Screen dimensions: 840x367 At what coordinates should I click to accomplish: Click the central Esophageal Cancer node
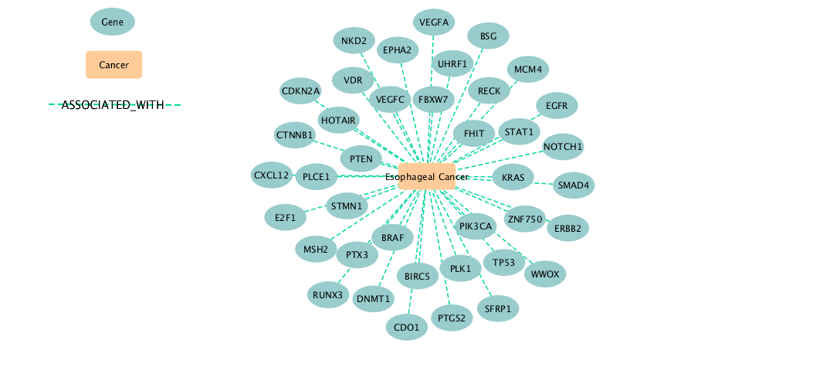pyautogui.click(x=427, y=177)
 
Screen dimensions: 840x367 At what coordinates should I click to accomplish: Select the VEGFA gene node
pyautogui.click(x=434, y=22)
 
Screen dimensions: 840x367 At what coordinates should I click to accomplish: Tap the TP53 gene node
pyautogui.click(x=504, y=262)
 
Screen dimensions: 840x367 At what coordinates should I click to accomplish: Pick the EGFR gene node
pyautogui.click(x=557, y=106)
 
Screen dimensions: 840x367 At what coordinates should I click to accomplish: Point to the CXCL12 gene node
pyautogui.click(x=272, y=175)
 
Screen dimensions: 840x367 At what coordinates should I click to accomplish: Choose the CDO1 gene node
pyautogui.click(x=407, y=327)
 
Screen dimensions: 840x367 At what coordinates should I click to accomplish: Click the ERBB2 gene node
pyautogui.click(x=568, y=228)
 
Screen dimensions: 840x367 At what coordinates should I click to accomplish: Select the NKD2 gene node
pyautogui.click(x=354, y=40)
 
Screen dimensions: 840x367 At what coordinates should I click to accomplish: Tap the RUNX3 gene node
pyautogui.click(x=328, y=294)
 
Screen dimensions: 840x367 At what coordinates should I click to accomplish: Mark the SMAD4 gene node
pyautogui.click(x=574, y=185)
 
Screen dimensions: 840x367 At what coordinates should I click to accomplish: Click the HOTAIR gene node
pyautogui.click(x=339, y=120)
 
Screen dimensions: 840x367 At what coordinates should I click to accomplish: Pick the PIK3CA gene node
pyautogui.click(x=475, y=226)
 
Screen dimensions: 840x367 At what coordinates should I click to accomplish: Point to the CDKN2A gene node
pyautogui.click(x=300, y=90)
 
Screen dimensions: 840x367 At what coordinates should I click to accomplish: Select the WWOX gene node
pyautogui.click(x=545, y=274)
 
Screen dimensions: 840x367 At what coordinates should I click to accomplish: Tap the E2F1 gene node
pyautogui.click(x=286, y=217)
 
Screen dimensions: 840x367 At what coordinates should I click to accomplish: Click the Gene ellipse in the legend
pyautogui.click(x=113, y=22)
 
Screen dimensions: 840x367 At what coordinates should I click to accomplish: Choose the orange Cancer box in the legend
pyautogui.click(x=114, y=65)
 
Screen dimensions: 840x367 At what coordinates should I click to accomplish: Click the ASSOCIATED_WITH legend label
pyautogui.click(x=113, y=105)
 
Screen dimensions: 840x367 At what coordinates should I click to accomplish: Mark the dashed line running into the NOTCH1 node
pyautogui.click(x=500, y=160)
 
